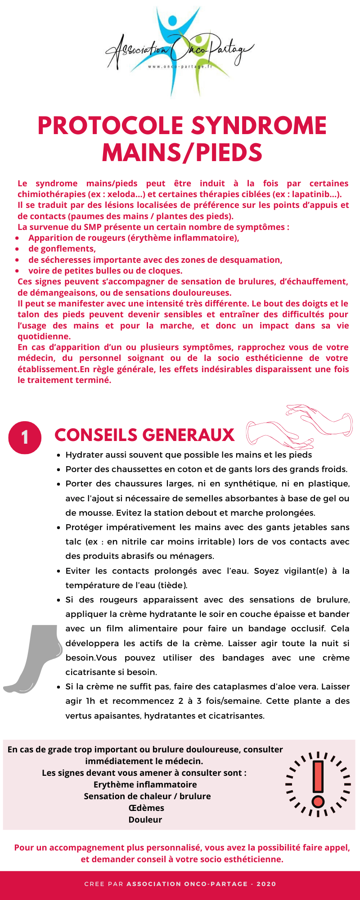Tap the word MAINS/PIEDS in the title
pos(182,153)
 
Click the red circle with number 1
pos(25,437)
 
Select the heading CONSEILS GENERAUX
pos(144,435)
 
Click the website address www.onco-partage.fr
pos(180,67)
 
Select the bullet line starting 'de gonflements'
pos(62,249)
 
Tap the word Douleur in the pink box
pos(145,819)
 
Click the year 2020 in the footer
pos(266,884)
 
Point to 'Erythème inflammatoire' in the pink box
pos(145,784)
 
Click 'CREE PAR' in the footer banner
pos(103,884)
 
